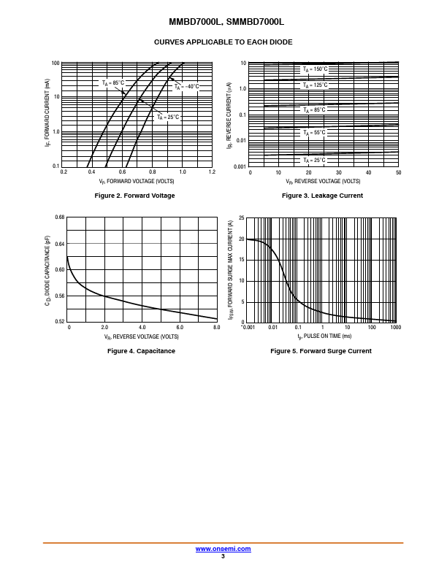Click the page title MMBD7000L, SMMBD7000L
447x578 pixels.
tap(223, 22)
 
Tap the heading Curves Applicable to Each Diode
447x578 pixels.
tap(223, 42)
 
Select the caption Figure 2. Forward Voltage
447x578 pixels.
tap(135, 196)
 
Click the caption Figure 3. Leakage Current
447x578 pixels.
tap(322, 196)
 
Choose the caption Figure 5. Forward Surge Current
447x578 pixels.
tap(321, 351)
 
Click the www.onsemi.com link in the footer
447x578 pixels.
tap(223, 549)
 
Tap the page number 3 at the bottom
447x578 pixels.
tap(223, 556)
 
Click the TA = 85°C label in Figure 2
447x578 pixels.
tap(113, 83)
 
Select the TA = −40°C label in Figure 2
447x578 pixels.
tap(186, 86)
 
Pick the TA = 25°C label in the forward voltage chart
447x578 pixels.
tap(167, 117)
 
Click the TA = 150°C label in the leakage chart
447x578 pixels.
tap(315, 69)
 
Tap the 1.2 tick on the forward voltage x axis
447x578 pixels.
tap(212, 172)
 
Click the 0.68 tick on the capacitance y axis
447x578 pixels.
tap(60, 217)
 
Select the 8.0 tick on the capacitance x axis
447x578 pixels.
tap(216, 328)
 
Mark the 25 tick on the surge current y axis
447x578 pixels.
tap(241, 218)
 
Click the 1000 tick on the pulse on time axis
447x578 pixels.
tap(395, 328)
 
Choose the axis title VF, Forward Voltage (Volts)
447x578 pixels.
tap(137, 181)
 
